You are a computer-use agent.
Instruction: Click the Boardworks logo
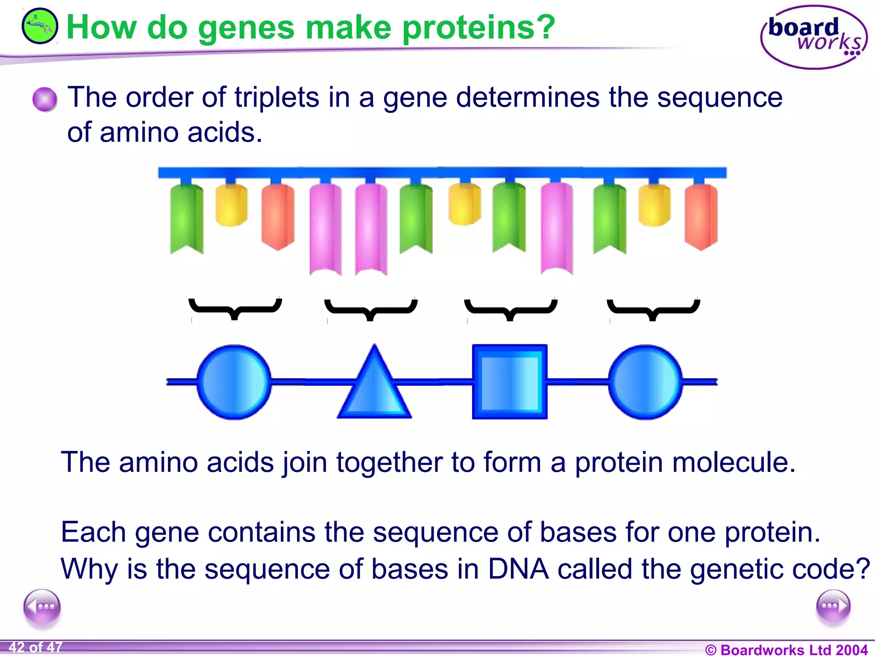click(813, 38)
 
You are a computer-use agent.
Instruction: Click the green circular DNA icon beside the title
click(39, 26)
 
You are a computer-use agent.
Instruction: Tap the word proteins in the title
click(479, 27)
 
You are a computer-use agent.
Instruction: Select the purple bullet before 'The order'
click(44, 99)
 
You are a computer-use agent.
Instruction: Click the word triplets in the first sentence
click(276, 97)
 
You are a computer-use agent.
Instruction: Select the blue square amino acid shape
click(509, 381)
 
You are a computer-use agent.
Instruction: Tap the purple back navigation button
click(42, 606)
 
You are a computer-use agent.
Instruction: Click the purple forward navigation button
click(833, 606)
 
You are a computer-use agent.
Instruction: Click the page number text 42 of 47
click(35, 647)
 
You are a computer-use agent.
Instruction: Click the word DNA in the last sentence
click(518, 569)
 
